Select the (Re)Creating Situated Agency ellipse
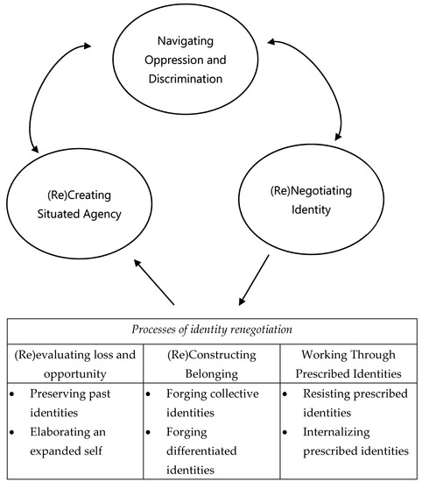[x=80, y=206]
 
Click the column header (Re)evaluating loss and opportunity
[x=76, y=365]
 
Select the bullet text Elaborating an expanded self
[x=80, y=443]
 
